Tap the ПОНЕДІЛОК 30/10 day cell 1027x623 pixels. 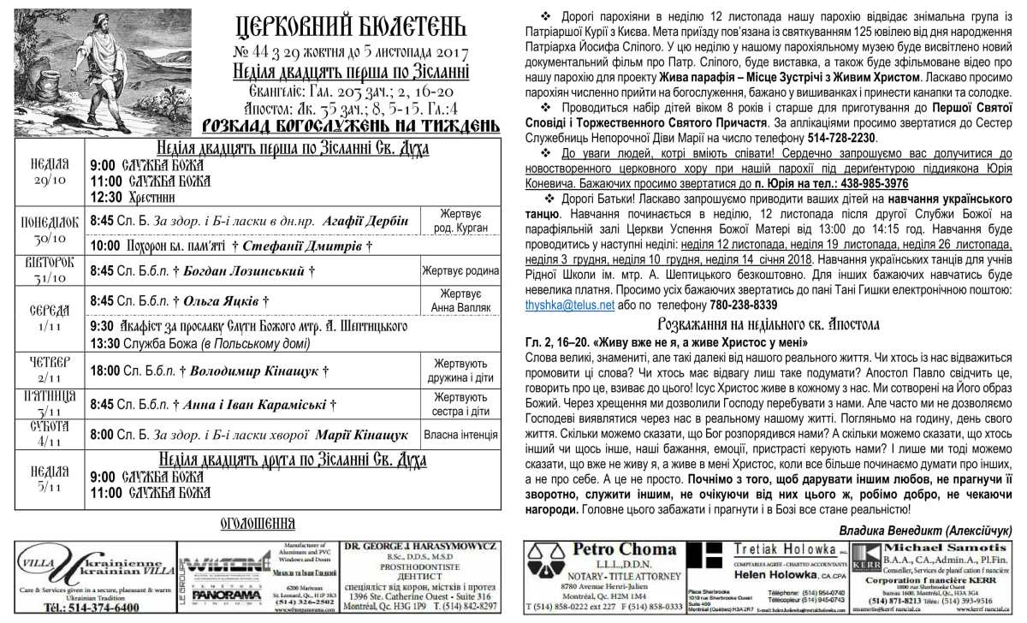coord(50,229)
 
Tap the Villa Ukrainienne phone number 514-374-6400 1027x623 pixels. coord(92,607)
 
